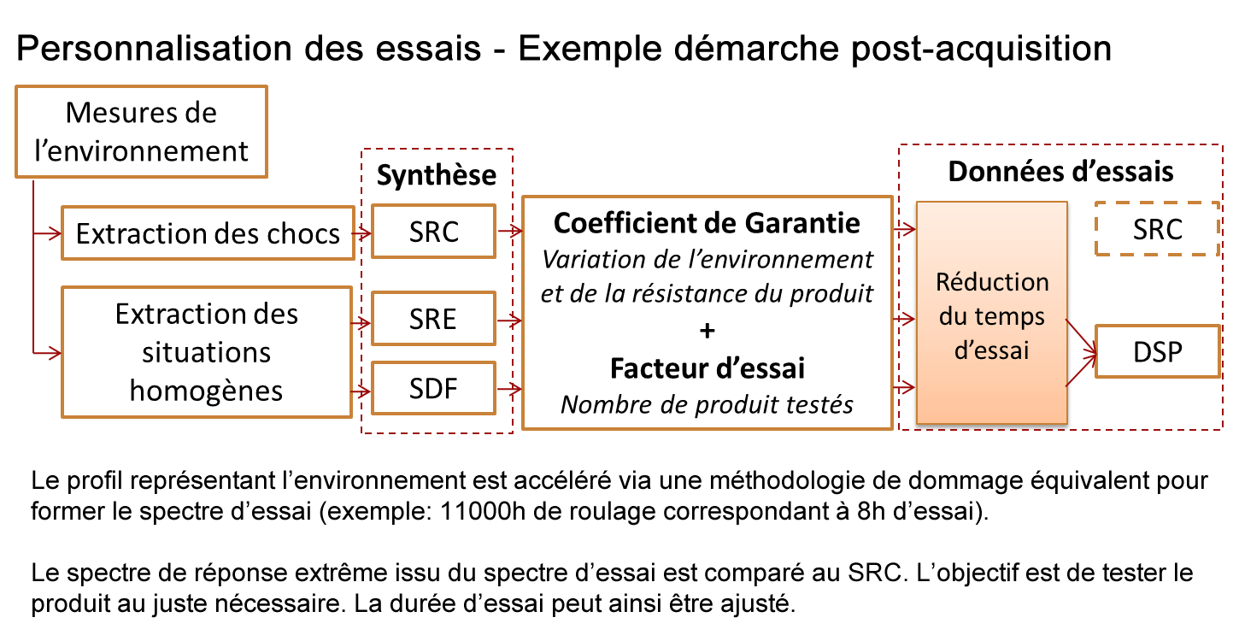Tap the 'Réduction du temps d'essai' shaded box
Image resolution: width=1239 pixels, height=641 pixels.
click(x=992, y=313)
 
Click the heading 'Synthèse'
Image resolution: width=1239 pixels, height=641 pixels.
click(x=437, y=174)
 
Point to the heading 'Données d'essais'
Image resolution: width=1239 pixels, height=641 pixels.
click(x=1060, y=171)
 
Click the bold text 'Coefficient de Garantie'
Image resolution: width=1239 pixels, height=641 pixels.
click(x=707, y=223)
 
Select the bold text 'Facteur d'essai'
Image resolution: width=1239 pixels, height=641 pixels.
click(x=707, y=368)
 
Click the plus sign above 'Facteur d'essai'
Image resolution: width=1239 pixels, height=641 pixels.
click(x=707, y=331)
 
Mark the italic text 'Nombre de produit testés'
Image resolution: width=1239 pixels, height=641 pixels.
click(x=707, y=404)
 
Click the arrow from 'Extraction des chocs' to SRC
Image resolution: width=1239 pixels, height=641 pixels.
click(x=362, y=233)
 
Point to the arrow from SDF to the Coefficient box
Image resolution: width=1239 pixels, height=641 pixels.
click(x=509, y=390)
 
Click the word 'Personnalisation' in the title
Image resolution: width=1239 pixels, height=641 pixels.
click(x=155, y=48)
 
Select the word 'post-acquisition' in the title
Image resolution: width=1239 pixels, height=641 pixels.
click(x=981, y=50)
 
